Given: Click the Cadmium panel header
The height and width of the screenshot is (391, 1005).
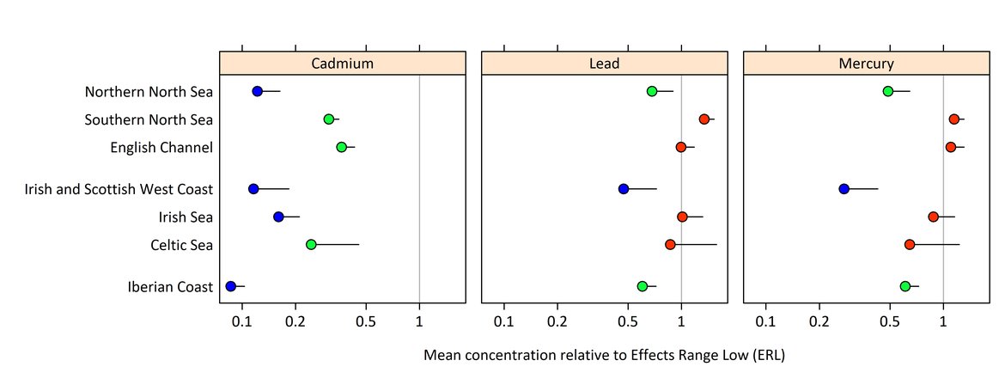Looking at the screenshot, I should click(342, 64).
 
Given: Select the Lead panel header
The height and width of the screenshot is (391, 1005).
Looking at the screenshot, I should click(604, 64).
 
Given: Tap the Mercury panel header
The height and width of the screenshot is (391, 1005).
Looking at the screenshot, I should click(866, 64).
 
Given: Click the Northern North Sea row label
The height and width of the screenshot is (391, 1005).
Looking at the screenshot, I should click(149, 92).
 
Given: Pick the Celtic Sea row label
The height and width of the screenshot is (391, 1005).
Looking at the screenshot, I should click(180, 246).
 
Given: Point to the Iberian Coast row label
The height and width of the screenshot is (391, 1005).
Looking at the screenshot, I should click(169, 287).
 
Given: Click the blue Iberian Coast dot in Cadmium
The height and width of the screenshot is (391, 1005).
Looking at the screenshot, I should click(230, 286).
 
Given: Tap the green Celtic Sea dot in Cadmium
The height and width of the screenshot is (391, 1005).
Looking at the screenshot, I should click(311, 245).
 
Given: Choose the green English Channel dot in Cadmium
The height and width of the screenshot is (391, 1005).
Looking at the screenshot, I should click(341, 147).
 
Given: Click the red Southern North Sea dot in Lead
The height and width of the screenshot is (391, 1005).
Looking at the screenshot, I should click(704, 119).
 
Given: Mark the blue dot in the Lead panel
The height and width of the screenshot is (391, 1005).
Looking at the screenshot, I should click(624, 188).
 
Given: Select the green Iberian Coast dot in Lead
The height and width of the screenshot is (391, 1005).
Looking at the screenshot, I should click(643, 286).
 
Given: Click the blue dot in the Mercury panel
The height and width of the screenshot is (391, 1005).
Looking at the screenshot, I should click(844, 188).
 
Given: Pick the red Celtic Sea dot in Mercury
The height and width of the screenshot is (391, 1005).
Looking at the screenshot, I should click(910, 245).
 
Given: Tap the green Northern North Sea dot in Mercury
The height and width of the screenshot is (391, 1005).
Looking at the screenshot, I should click(888, 91).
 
